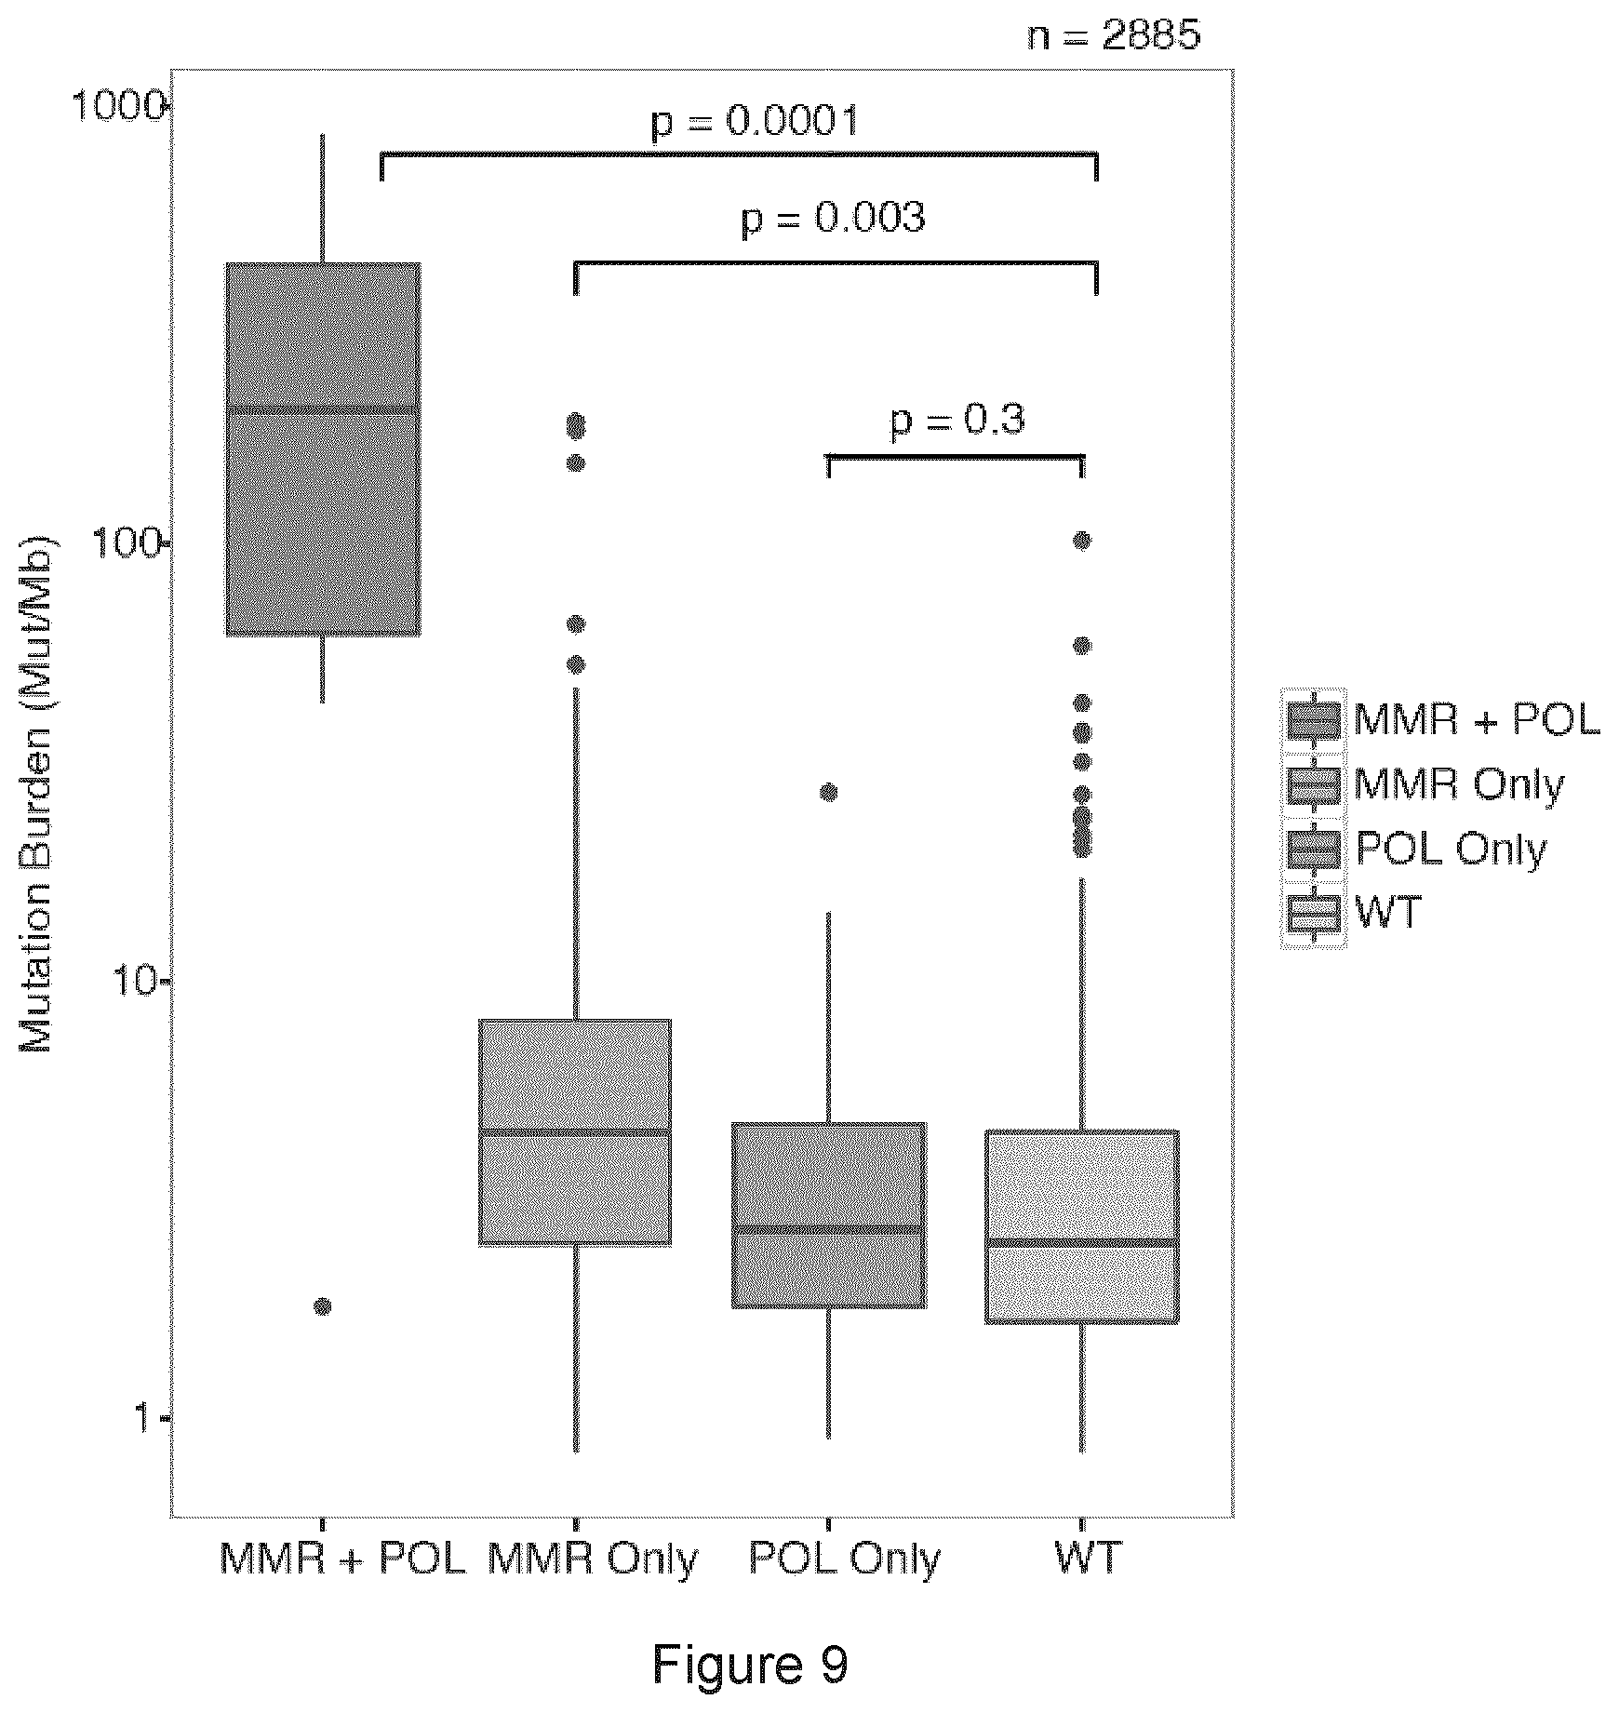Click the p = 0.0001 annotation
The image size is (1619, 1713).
click(754, 122)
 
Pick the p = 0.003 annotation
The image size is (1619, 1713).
click(833, 220)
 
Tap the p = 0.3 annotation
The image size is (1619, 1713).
click(957, 422)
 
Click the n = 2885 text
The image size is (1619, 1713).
click(1114, 35)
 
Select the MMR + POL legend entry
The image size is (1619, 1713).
click(1441, 719)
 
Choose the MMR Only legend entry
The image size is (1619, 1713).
click(1425, 784)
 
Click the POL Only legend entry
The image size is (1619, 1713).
click(1415, 849)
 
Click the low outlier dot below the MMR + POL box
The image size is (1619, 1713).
click(323, 1305)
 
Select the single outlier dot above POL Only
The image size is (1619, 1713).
click(828, 792)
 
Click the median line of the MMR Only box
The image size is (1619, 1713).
click(575, 1131)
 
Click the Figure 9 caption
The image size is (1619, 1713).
click(751, 1665)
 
